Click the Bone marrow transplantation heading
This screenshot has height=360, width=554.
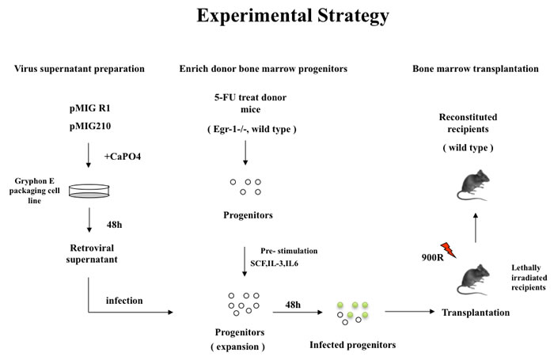coord(476,69)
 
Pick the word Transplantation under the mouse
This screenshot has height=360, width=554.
coord(475,313)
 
